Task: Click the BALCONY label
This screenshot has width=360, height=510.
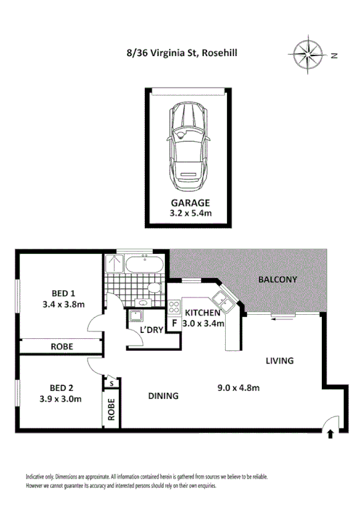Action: coord(278,279)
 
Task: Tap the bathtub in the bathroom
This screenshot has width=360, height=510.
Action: coord(144,265)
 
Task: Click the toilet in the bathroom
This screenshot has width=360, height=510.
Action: coord(153,288)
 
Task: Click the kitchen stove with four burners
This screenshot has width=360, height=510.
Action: coord(174,307)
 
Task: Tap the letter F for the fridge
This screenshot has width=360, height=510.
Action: coord(175,324)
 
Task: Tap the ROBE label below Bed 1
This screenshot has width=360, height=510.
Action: coord(61,346)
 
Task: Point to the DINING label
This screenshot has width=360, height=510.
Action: coord(163,396)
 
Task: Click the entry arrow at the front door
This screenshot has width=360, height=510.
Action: coord(331,434)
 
